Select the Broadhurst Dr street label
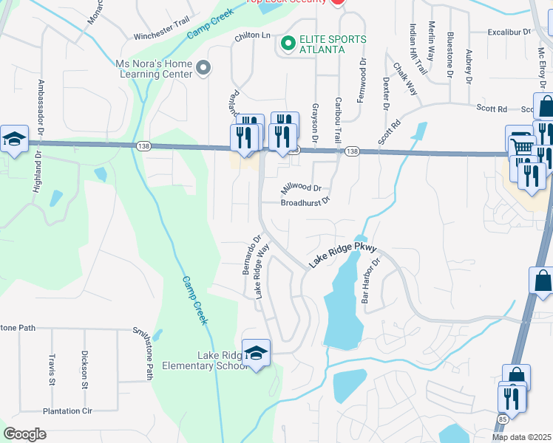[x=305, y=202]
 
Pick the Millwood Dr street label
[x=301, y=189]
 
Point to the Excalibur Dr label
[x=509, y=32]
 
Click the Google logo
[x=24, y=434]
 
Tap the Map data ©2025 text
[x=522, y=437]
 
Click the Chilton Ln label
[x=253, y=35]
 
